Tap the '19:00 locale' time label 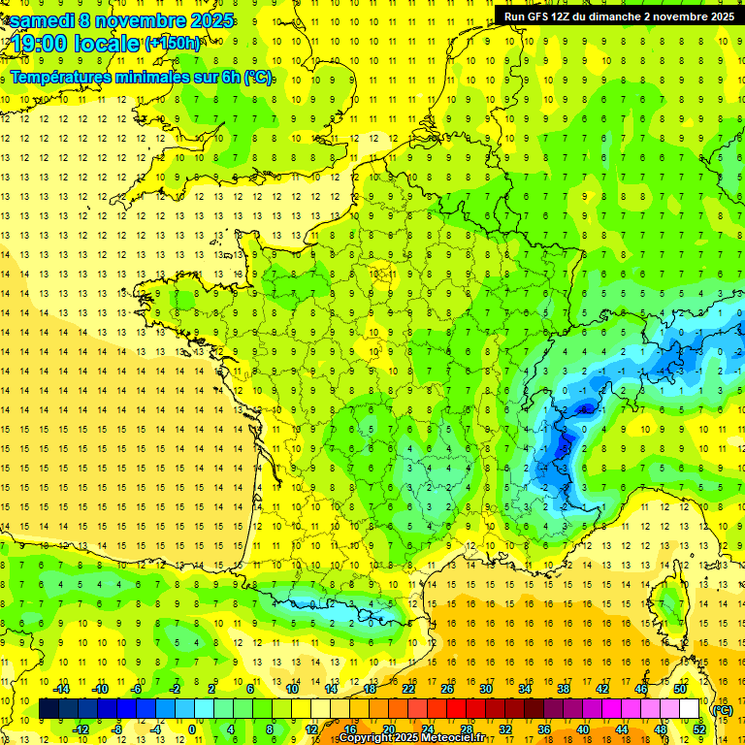point(76,43)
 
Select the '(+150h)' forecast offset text point(173,43)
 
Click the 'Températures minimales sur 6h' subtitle point(142,78)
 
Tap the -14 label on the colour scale point(61,689)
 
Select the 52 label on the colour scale point(698,729)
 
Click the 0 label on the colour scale point(191,729)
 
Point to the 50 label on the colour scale point(679,689)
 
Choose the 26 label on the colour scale point(447,689)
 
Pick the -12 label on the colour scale point(81,729)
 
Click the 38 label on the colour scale point(563,689)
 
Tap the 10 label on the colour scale point(291,689)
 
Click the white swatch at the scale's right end point(690,709)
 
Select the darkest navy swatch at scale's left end point(49,709)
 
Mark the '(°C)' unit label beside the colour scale point(722,709)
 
